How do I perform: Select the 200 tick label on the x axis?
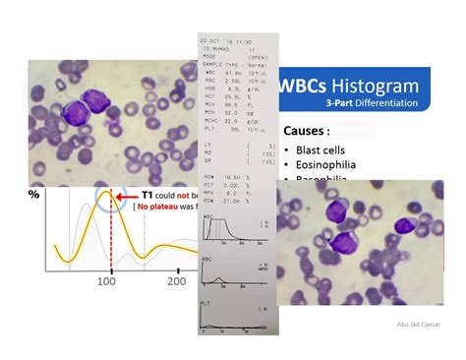(x=178, y=280)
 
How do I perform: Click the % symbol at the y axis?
(x=34, y=194)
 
